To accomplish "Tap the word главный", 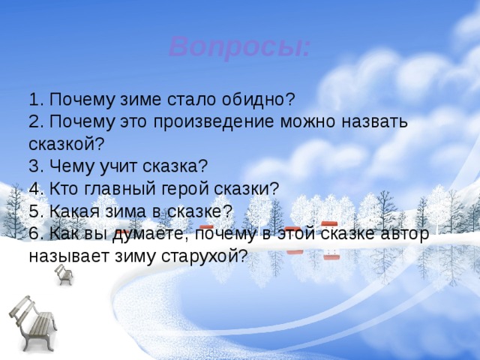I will [127, 189].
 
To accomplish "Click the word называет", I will [67, 256].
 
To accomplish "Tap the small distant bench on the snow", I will [64, 274].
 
